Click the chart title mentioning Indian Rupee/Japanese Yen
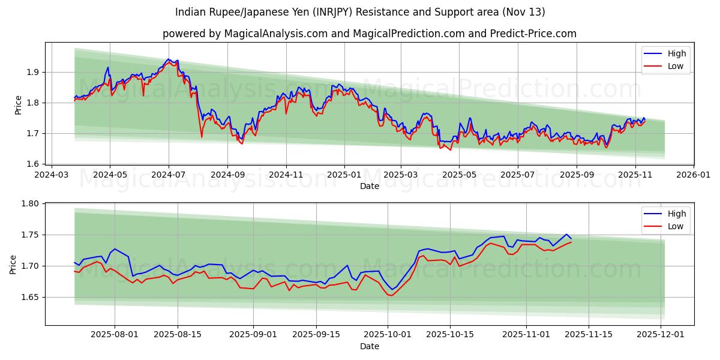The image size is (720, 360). coord(360,12)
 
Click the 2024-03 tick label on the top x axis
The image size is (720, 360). coord(51,174)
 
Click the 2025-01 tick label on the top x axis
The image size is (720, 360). coord(344,174)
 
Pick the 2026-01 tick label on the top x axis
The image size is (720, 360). coord(693,174)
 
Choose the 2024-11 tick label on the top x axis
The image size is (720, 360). coord(286,174)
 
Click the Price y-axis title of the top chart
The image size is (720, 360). coord(18,105)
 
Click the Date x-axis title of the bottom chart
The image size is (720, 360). coord(369,346)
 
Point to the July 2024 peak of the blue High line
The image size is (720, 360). coord(169,59)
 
